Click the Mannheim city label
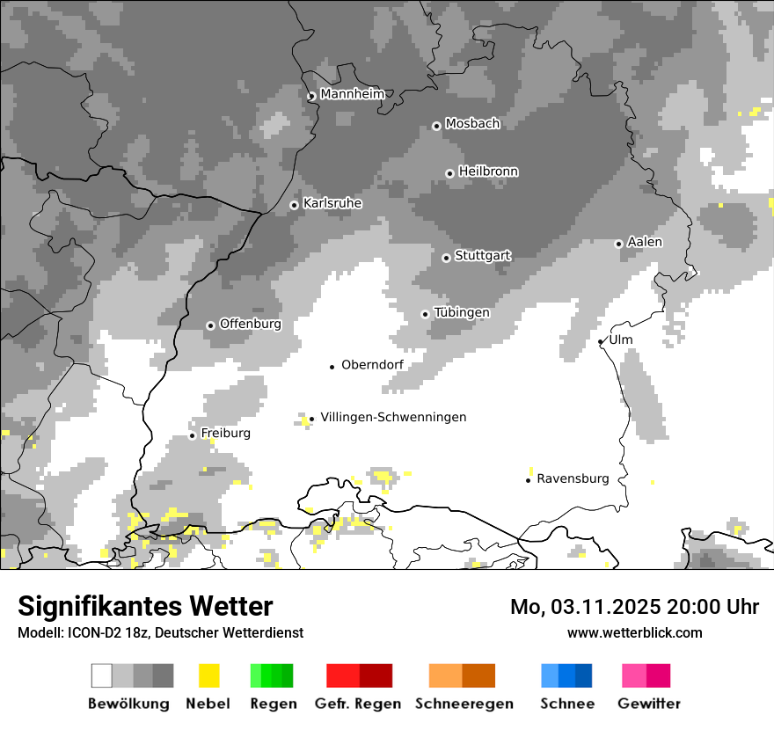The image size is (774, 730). pyautogui.click(x=352, y=94)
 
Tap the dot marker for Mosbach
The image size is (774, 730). pyautogui.click(x=436, y=126)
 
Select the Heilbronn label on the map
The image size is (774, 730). pyautogui.click(x=488, y=172)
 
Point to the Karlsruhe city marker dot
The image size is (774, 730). pyautogui.click(x=295, y=205)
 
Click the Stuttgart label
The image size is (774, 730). pyautogui.click(x=483, y=256)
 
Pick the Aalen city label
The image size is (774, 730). pyautogui.click(x=645, y=242)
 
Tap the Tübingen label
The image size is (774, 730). pyautogui.click(x=462, y=312)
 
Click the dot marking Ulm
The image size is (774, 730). pyautogui.click(x=601, y=341)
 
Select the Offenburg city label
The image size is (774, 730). pyautogui.click(x=251, y=324)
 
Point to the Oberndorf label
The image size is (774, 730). pyautogui.click(x=372, y=365)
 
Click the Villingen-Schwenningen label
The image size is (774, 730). pyautogui.click(x=393, y=417)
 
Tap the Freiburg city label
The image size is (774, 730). pyautogui.click(x=225, y=434)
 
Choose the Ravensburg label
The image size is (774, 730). pyautogui.click(x=573, y=478)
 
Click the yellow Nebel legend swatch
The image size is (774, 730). pyautogui.click(x=208, y=675)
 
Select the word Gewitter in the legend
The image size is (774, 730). pyautogui.click(x=649, y=704)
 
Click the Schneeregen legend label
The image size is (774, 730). pyautogui.click(x=464, y=704)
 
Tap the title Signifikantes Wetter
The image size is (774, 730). pyautogui.click(x=145, y=606)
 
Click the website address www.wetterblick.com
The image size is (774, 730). pyautogui.click(x=635, y=632)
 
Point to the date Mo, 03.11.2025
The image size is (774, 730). pyautogui.click(x=585, y=607)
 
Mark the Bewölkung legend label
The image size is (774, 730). pyautogui.click(x=128, y=704)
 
